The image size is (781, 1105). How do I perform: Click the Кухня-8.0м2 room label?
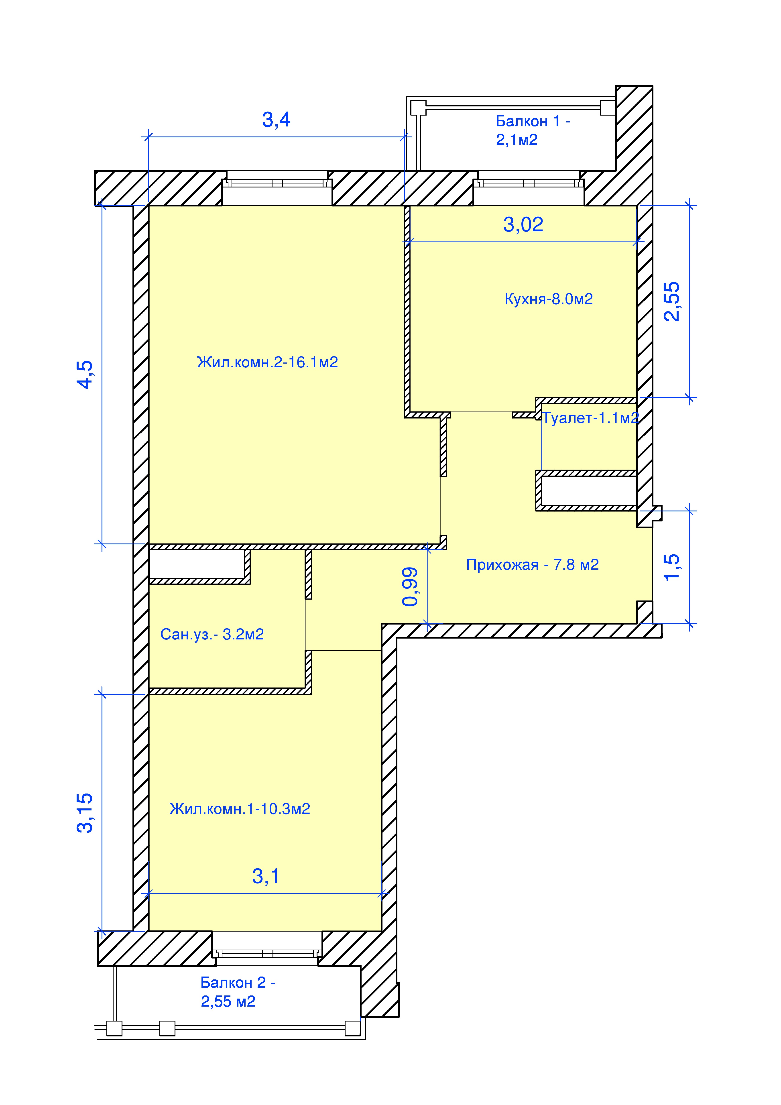pyautogui.click(x=549, y=299)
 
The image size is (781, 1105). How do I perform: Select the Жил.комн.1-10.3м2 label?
pyautogui.click(x=240, y=808)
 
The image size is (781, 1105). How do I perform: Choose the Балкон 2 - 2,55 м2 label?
pyautogui.click(x=238, y=991)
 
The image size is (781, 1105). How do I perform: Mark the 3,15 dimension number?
pyautogui.click(x=85, y=813)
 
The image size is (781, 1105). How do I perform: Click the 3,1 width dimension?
pyautogui.click(x=266, y=876)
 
